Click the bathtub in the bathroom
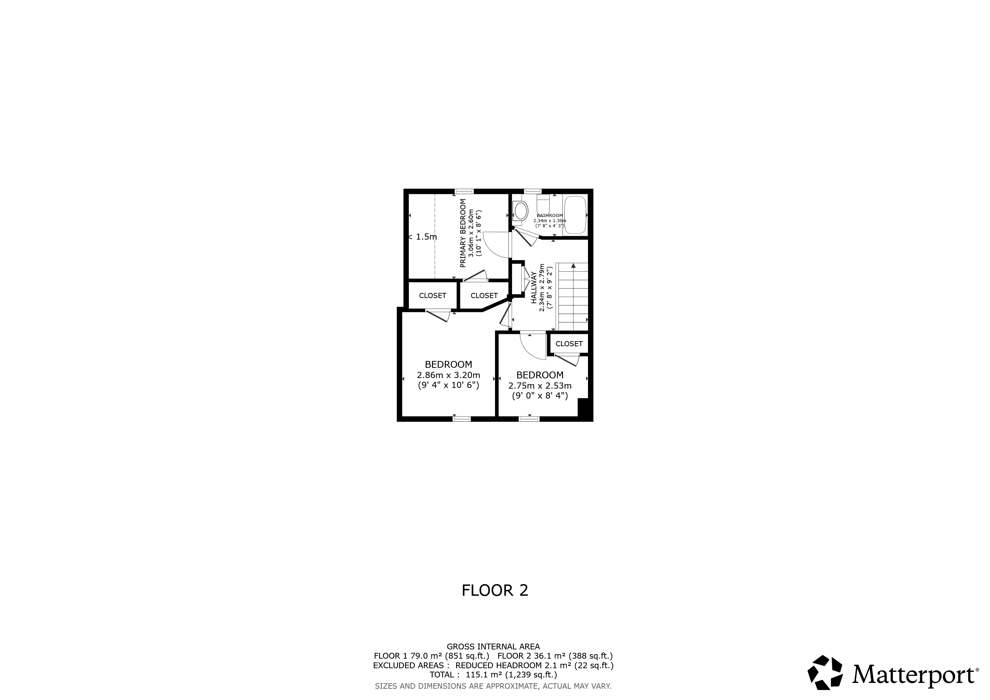576,215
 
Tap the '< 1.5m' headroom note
423,237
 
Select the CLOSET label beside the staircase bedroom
569,344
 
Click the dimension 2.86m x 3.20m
449,375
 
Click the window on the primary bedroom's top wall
464,191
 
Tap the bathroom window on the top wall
533,191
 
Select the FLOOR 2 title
495,591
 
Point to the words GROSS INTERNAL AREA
493,647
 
